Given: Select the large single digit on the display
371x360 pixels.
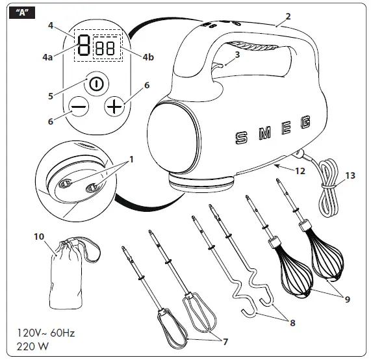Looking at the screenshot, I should click(83, 47).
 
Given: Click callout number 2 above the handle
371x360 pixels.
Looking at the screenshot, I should click(288, 15).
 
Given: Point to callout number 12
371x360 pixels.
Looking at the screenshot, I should click(300, 172).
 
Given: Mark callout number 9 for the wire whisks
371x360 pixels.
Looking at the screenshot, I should click(348, 299).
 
